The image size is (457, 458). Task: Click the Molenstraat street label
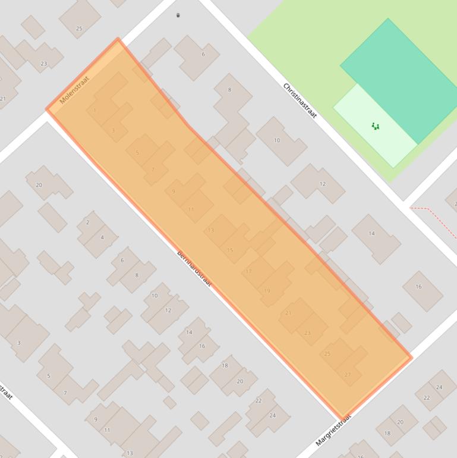tap(74, 90)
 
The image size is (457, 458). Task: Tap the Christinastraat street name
tap(300, 100)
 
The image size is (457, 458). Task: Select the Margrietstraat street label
tap(333, 431)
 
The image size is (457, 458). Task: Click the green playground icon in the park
tap(375, 126)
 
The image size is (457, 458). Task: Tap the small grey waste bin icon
tap(178, 15)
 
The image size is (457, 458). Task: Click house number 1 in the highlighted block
tap(95, 111)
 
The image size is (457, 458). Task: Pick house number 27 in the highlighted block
tap(348, 374)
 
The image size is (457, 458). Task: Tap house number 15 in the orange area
tap(230, 250)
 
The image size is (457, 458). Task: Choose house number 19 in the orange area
tap(267, 291)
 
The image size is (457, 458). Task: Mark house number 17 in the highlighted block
tap(248, 271)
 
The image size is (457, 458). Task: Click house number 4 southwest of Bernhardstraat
tap(102, 237)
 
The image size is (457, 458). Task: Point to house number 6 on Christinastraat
tap(203, 54)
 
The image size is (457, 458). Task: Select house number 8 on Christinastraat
tap(229, 90)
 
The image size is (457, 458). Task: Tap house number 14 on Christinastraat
tap(371, 234)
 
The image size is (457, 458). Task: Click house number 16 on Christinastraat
tap(418, 287)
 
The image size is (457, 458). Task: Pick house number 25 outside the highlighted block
tap(79, 28)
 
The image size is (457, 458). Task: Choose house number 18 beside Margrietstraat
tap(387, 433)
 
